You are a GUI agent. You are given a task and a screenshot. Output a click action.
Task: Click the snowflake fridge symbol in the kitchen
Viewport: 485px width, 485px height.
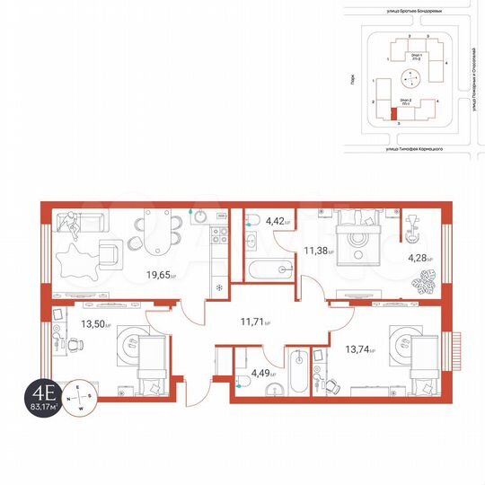coord(220,288)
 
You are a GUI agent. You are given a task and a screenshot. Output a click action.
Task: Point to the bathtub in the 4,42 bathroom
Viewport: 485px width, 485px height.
coord(269,268)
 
